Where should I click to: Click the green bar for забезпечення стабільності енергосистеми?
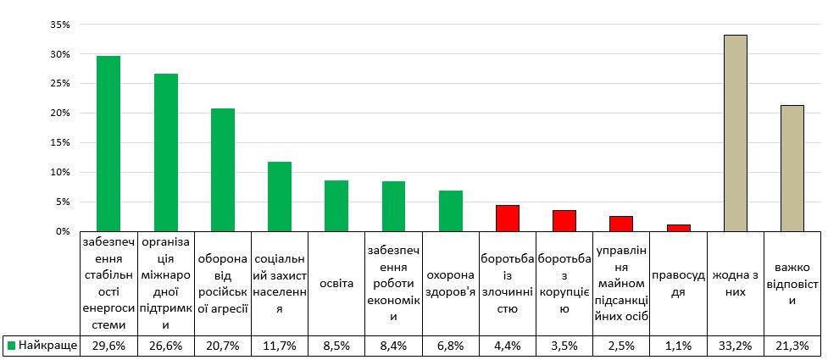click(x=108, y=144)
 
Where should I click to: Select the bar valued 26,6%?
click(x=165, y=152)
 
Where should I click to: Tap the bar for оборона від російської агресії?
click(x=222, y=169)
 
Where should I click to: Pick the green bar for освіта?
click(x=336, y=206)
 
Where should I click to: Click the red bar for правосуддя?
click(x=679, y=228)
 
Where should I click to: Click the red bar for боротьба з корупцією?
click(x=564, y=221)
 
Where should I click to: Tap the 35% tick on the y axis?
click(x=59, y=25)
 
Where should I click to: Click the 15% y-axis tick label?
click(x=59, y=142)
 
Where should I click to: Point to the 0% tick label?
click(x=63, y=231)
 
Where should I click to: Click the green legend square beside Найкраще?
click(x=11, y=346)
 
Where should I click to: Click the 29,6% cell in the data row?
click(x=108, y=346)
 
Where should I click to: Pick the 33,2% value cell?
click(x=736, y=346)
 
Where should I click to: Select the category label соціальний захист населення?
click(x=279, y=283)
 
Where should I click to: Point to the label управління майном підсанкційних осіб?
click(x=621, y=283)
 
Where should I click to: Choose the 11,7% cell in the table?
click(x=279, y=346)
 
